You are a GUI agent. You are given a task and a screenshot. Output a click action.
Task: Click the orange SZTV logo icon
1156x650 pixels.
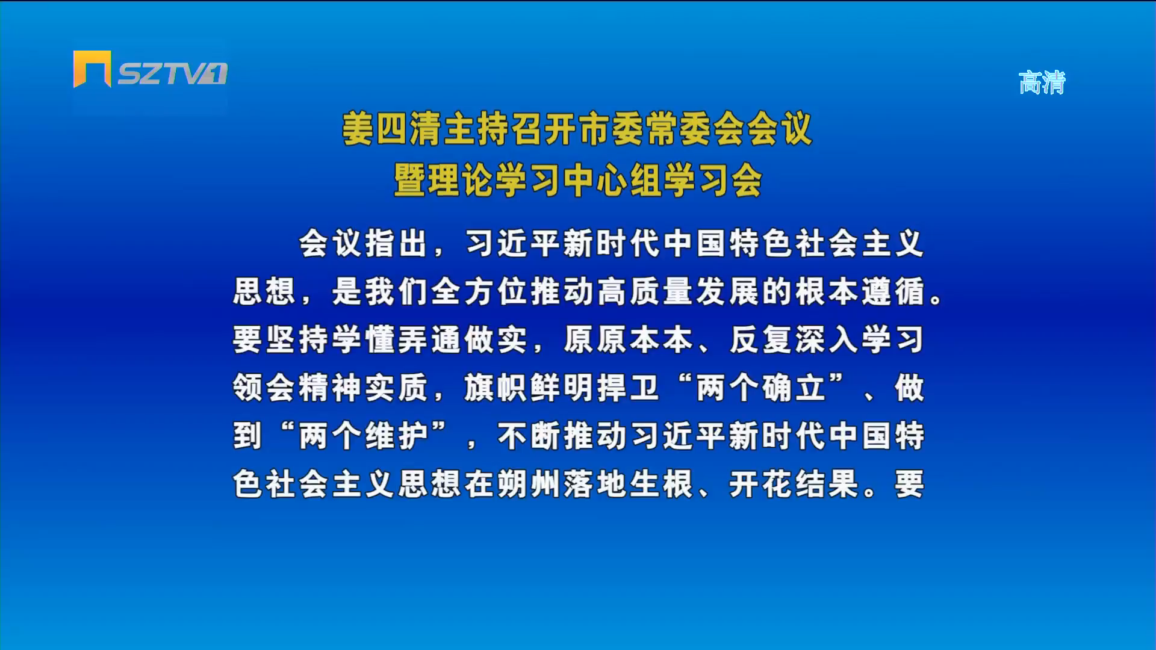[x=92, y=69]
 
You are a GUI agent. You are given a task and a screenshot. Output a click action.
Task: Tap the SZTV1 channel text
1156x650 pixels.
[x=172, y=74]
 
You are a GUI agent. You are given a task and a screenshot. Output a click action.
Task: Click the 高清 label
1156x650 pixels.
[x=1042, y=82]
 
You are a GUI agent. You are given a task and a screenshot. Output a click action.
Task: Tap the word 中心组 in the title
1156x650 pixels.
[x=612, y=180]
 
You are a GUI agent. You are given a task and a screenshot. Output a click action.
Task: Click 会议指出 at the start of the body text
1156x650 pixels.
[x=363, y=244]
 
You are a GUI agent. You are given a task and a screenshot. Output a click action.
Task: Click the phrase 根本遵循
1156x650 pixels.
[x=859, y=292]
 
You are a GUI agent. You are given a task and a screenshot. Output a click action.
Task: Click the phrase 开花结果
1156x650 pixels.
[x=794, y=484]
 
